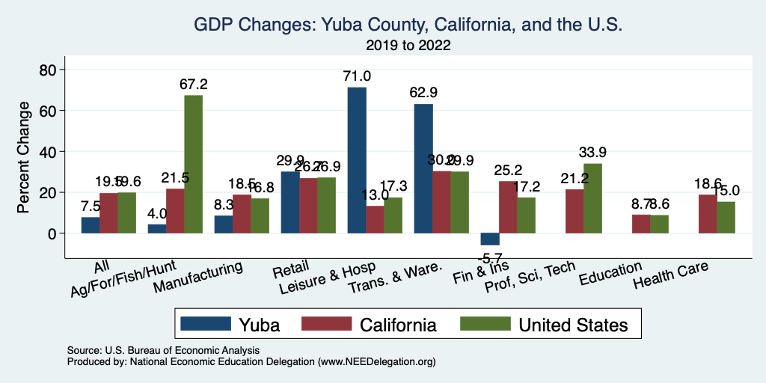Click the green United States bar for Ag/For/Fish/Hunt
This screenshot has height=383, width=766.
193,164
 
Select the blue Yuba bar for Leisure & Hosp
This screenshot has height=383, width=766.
357,160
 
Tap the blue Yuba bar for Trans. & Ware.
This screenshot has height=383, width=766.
423,168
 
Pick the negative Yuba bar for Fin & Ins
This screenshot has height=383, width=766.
490,239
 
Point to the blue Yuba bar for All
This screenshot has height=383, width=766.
91,225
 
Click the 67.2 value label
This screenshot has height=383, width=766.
193,85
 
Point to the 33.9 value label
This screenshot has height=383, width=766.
592,153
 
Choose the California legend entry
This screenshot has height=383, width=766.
370,324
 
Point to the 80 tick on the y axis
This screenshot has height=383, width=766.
48,70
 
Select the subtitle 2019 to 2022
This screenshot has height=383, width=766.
408,45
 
